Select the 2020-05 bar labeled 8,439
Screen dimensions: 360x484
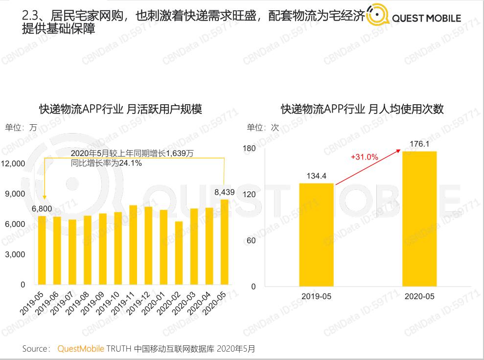click(x=224, y=242)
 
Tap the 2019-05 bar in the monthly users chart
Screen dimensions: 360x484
click(x=42, y=250)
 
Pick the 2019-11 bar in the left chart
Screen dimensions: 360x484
click(x=133, y=245)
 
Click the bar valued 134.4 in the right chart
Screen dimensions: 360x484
click(x=316, y=235)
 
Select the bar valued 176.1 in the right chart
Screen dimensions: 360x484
click(x=419, y=219)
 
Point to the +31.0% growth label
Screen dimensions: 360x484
click(x=364, y=157)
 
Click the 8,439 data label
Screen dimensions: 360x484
click(x=225, y=192)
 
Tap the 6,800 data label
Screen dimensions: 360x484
click(x=42, y=209)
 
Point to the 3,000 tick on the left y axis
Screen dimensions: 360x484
click(x=16, y=254)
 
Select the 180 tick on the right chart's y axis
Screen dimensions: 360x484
click(x=250, y=149)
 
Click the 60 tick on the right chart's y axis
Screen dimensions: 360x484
click(x=252, y=241)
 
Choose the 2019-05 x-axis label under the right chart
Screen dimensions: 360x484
click(x=316, y=296)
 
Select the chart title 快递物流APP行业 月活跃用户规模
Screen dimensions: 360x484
click(x=120, y=109)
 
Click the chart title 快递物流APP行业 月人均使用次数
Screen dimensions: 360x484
click(x=362, y=109)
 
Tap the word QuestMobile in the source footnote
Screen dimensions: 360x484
click(x=81, y=349)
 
